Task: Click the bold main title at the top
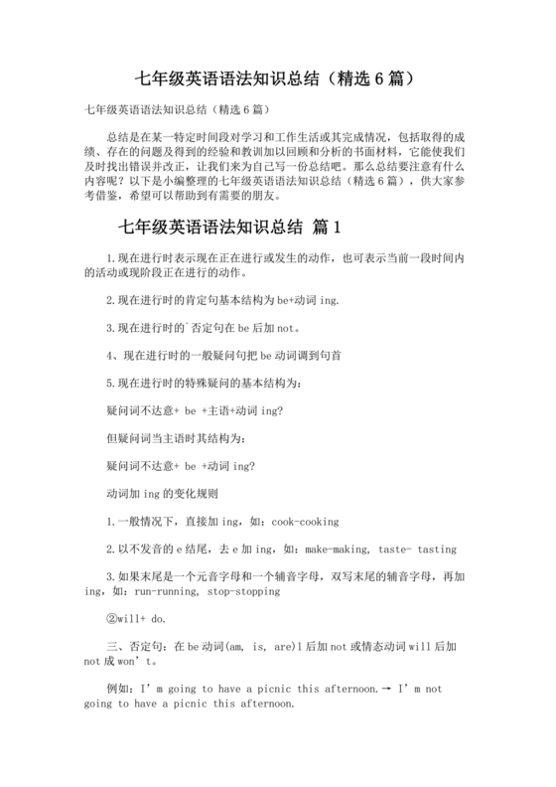click(x=278, y=77)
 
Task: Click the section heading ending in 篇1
click(x=229, y=227)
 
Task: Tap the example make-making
click(x=340, y=548)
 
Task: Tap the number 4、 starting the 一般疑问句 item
click(x=112, y=355)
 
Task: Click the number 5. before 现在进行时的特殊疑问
click(x=110, y=383)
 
